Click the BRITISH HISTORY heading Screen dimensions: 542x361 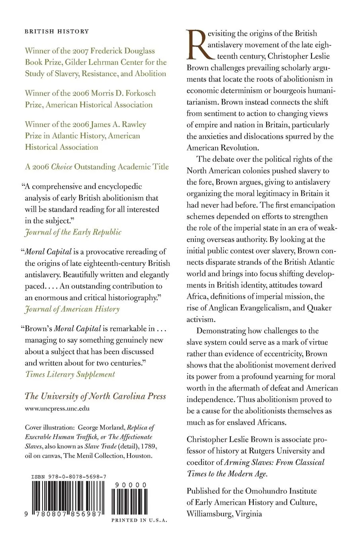(57, 31)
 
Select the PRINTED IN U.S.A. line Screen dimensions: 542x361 (139, 520)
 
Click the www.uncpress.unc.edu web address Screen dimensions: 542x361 (57, 408)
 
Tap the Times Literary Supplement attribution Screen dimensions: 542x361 (70, 374)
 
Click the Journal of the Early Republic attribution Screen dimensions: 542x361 (73, 232)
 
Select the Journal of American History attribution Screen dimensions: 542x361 (72, 308)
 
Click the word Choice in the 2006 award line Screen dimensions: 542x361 (62, 167)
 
